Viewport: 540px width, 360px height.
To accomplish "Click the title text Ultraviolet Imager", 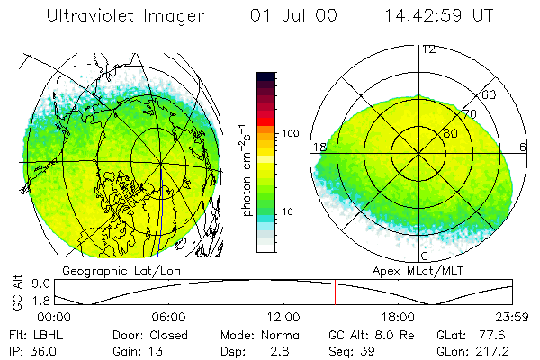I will click(x=125, y=16).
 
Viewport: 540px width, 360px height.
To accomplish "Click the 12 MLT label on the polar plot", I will click(x=428, y=49).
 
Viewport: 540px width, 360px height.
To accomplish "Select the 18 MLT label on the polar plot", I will click(x=319, y=147).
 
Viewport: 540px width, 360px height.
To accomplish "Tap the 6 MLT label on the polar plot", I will click(x=523, y=147).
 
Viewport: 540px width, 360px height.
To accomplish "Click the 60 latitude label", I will click(x=490, y=94).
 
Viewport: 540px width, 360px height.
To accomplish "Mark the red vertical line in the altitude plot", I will click(x=335, y=292).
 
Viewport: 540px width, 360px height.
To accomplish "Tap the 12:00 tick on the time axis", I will click(x=283, y=317).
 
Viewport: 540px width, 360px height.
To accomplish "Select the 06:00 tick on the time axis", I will click(x=169, y=317).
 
